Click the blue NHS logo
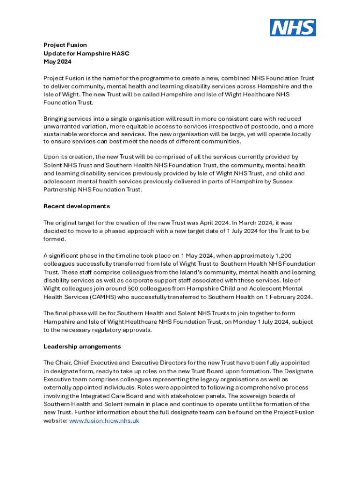click(x=293, y=28)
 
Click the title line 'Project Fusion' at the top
click(x=65, y=45)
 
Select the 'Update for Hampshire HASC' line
click(x=86, y=53)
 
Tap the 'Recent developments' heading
click(x=77, y=206)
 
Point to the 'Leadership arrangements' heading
click(x=82, y=347)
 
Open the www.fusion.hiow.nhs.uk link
click(x=104, y=421)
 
